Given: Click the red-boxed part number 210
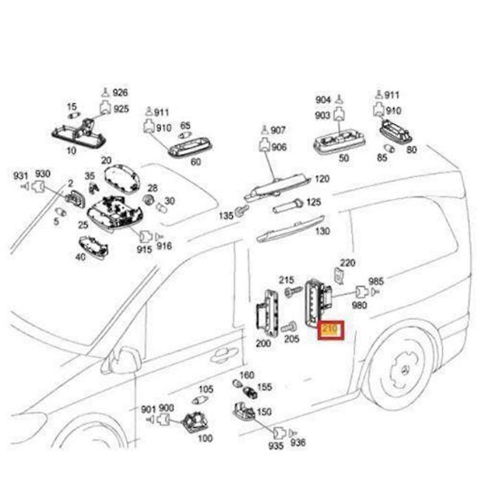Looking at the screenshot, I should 330,330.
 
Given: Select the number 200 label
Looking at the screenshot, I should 263,343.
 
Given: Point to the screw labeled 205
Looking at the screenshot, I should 288,327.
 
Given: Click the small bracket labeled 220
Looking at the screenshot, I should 338,276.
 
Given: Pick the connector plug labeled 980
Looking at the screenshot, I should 361,292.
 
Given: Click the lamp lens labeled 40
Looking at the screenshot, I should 94,246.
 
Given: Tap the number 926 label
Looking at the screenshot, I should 120,93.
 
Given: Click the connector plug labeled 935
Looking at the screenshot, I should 278,432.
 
